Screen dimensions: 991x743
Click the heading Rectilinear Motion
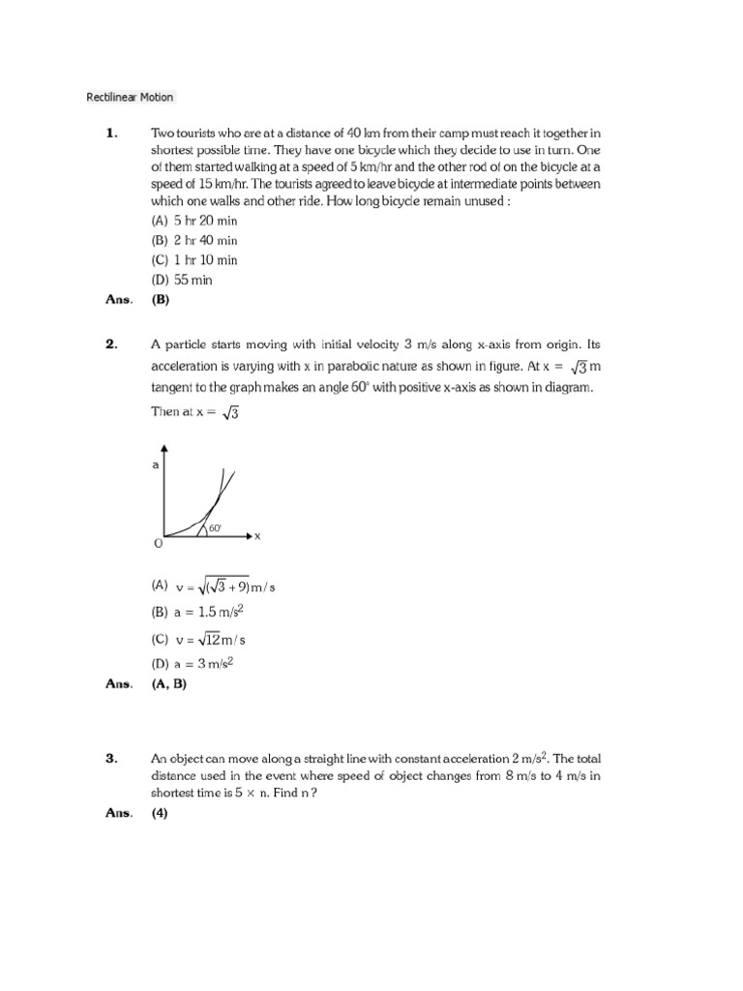click(130, 97)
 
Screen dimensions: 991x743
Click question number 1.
click(111, 134)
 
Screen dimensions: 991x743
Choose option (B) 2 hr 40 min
click(193, 240)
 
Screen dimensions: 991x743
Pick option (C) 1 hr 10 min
click(193, 260)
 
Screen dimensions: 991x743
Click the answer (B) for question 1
click(160, 300)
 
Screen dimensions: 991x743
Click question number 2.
click(111, 344)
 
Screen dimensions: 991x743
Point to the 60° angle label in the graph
click(215, 527)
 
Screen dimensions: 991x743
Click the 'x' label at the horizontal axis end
click(258, 535)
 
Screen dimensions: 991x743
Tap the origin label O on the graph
click(159, 545)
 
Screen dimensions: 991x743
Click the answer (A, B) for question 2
click(168, 683)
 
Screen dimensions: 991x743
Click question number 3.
click(111, 759)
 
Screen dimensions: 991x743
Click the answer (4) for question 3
click(160, 813)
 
